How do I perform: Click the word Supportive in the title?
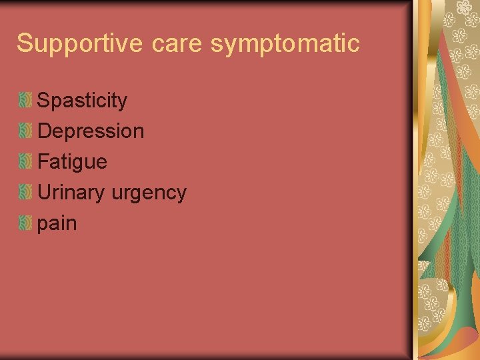[79, 44]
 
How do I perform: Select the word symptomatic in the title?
[286, 44]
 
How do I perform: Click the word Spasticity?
[82, 101]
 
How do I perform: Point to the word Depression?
[91, 131]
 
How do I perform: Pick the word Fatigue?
[72, 161]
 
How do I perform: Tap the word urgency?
[149, 193]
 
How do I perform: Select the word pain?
[57, 223]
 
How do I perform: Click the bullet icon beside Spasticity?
[25, 101]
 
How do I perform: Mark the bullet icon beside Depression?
[25, 131]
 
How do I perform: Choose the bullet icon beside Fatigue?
[25, 161]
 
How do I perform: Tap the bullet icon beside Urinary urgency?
[25, 193]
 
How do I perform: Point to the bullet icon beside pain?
[25, 223]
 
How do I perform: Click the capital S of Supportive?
[25, 43]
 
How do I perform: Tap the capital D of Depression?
[44, 131]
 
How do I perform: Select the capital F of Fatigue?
[43, 161]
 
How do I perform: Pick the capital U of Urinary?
[44, 193]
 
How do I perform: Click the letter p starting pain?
[43, 225]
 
